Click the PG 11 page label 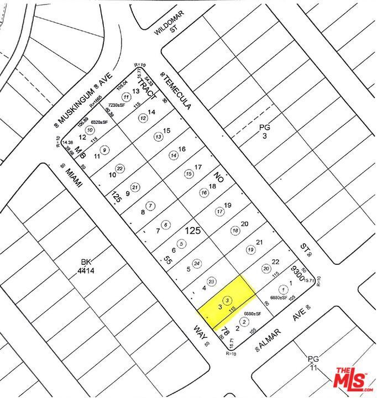pyautogui.click(x=313, y=363)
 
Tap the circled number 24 pyautogui.click(x=196, y=263)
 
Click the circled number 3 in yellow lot pyautogui.click(x=228, y=300)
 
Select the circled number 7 pyautogui.click(x=151, y=206)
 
